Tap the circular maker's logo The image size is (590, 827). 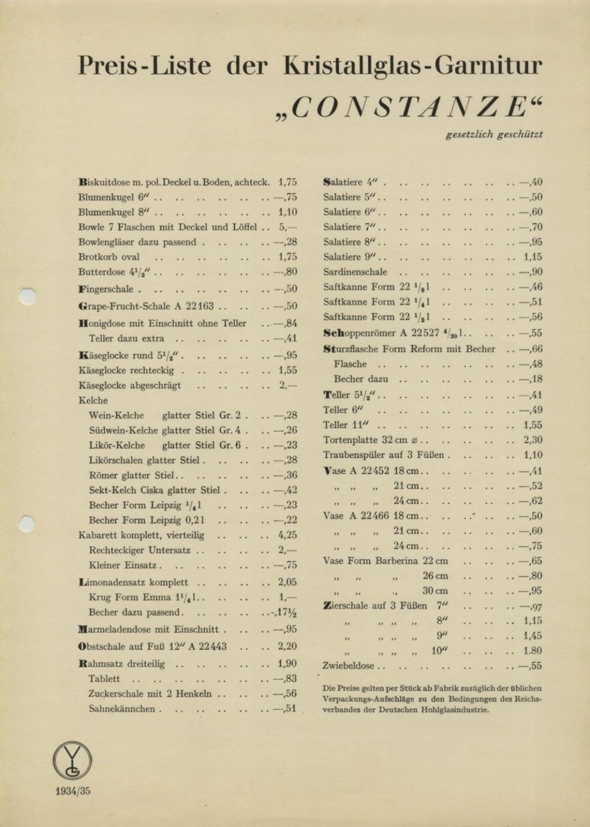click(x=73, y=760)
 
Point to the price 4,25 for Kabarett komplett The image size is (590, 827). click(x=288, y=535)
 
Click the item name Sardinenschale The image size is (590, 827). click(x=355, y=272)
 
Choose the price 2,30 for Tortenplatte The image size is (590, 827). click(x=532, y=440)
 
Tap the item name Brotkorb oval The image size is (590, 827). click(x=109, y=257)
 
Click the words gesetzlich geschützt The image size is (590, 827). click(x=494, y=135)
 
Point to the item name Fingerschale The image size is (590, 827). click(x=105, y=289)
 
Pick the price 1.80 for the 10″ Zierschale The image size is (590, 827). click(x=532, y=651)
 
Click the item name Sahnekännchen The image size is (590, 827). click(x=122, y=709)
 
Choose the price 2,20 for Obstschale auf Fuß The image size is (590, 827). click(x=288, y=647)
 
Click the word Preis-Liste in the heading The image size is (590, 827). click(x=145, y=66)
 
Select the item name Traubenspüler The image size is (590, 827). click(x=354, y=455)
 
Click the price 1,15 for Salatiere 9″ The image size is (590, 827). click(x=532, y=257)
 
